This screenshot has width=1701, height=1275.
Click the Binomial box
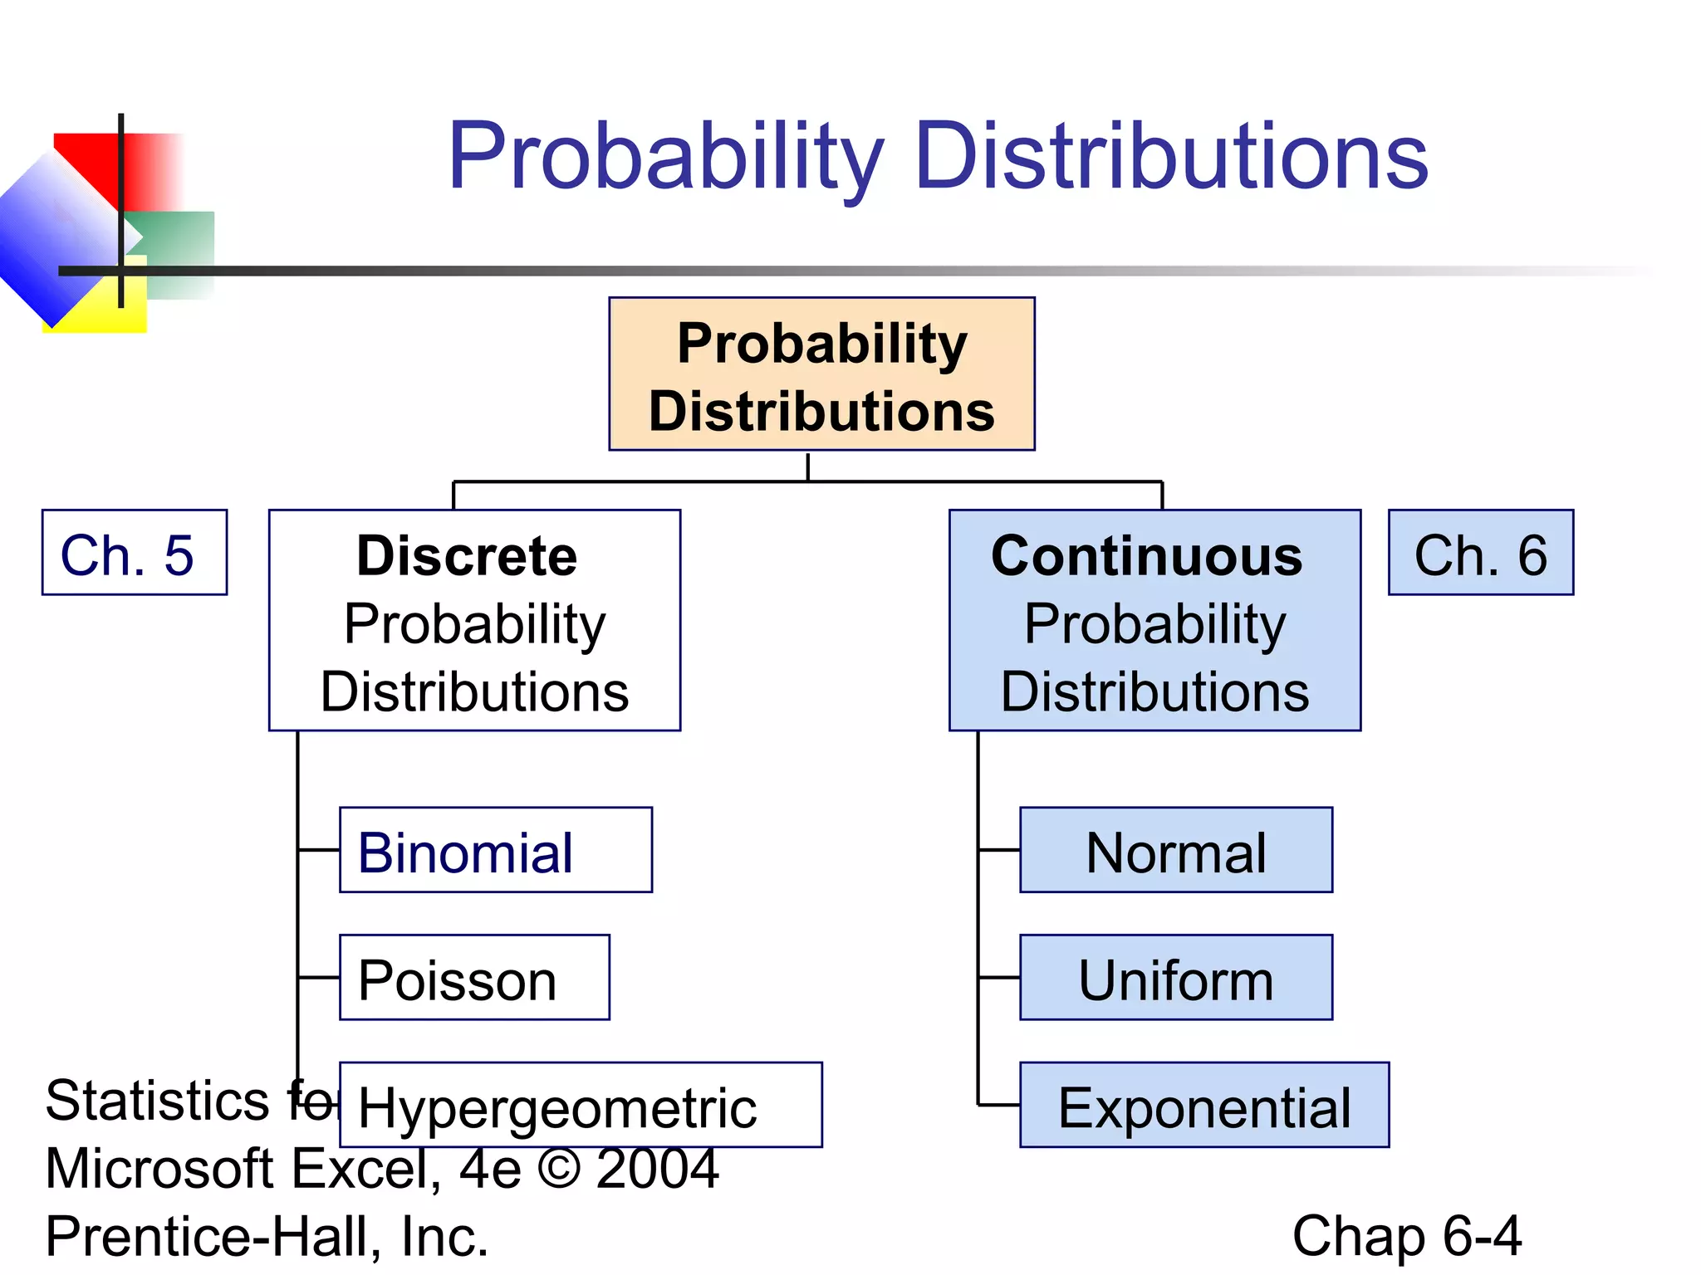[x=496, y=850]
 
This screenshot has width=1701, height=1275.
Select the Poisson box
[x=474, y=978]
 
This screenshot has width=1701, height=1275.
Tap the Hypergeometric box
[x=581, y=1106]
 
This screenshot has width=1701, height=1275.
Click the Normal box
[x=1176, y=850]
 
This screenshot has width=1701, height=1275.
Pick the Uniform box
[x=1176, y=978]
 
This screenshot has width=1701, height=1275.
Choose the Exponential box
[x=1204, y=1106]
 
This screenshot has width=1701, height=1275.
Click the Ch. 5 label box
[x=135, y=553]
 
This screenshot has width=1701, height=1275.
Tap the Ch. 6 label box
[x=1481, y=553]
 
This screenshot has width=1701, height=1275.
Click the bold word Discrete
[x=467, y=555]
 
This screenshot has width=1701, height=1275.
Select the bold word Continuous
[x=1147, y=555]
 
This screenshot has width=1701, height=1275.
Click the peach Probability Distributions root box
[x=821, y=374]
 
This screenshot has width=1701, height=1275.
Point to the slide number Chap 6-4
[x=1407, y=1236]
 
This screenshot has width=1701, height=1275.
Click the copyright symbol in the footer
[x=559, y=1168]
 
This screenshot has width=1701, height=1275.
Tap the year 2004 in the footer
[x=657, y=1168]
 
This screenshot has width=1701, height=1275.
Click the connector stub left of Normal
[x=999, y=850]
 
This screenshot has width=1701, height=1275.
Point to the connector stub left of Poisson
[x=319, y=978]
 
